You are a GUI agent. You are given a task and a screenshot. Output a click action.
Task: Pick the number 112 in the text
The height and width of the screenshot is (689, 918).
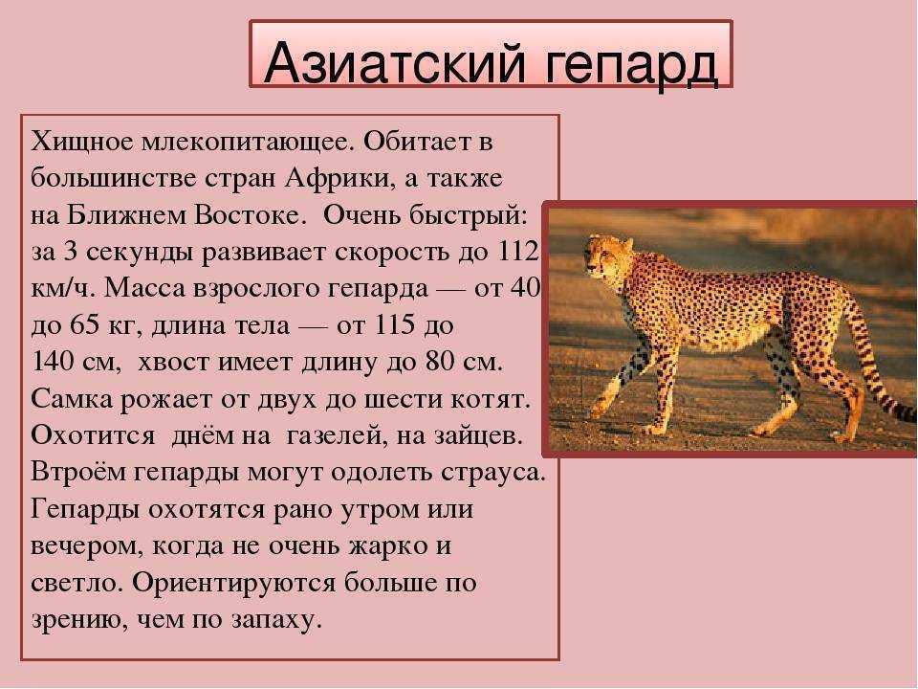click(x=519, y=251)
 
